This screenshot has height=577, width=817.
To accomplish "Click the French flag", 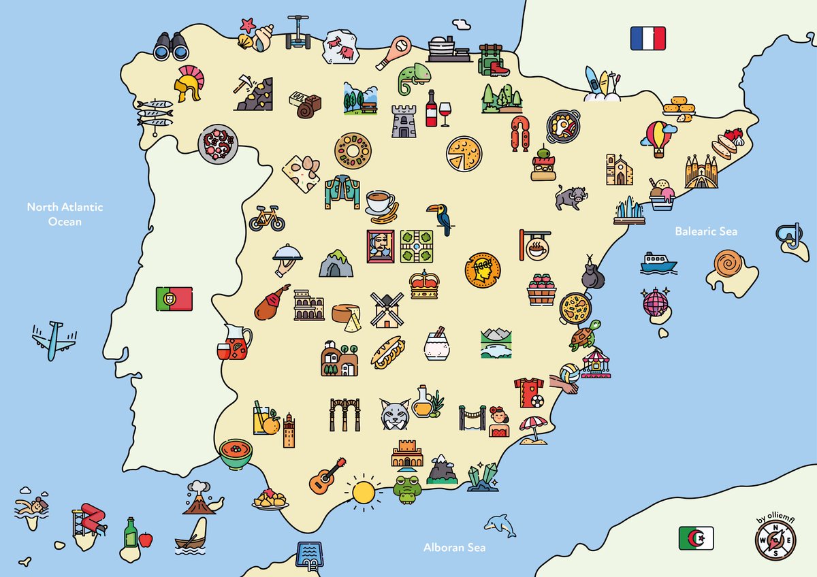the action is click(x=647, y=38).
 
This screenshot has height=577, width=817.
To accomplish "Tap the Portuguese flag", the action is click(x=174, y=299).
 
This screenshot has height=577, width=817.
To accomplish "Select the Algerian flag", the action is click(x=696, y=538).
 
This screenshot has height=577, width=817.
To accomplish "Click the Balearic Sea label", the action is click(x=706, y=231).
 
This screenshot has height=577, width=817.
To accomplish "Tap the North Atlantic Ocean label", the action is click(x=65, y=214).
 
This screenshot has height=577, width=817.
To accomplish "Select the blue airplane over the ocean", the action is click(x=52, y=340).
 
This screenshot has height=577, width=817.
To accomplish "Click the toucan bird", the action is click(x=440, y=218).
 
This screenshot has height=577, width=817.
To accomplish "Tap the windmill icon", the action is click(x=387, y=310).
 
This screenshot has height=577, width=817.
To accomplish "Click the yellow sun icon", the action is click(x=363, y=491).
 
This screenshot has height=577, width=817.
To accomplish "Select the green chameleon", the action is click(x=413, y=79).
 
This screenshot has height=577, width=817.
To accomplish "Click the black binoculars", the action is click(x=170, y=47).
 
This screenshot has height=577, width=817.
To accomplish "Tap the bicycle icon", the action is click(x=266, y=218).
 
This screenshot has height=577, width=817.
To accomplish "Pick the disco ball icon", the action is click(x=655, y=301).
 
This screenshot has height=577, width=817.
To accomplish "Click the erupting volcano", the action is click(x=199, y=499).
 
